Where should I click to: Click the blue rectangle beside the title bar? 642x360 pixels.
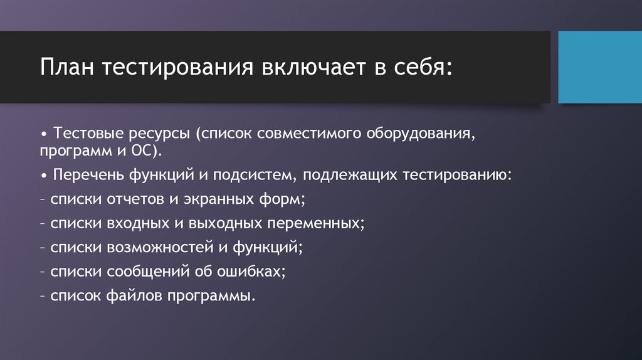pos(600,67)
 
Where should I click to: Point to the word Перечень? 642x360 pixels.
pos(89,175)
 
